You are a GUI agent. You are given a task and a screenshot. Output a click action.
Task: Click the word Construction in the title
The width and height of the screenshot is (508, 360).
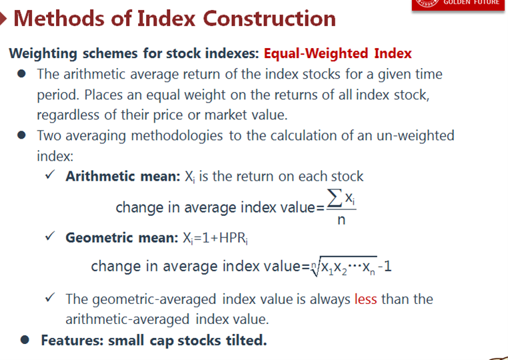tap(269, 18)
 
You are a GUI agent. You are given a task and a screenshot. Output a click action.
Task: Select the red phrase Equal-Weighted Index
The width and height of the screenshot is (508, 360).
tap(337, 53)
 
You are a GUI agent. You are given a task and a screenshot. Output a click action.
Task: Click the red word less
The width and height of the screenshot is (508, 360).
tap(366, 299)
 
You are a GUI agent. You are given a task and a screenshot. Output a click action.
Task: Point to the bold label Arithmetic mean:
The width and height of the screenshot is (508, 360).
tap(123, 176)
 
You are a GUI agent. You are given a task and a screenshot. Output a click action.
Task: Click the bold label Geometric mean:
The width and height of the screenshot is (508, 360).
tap(122, 237)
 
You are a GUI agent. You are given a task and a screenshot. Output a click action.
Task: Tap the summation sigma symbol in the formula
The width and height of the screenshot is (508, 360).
tap(335, 198)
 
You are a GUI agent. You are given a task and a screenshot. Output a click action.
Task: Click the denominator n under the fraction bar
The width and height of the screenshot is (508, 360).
tap(341, 220)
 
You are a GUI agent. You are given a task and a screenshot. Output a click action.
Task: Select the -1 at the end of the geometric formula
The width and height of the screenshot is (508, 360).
tap(385, 267)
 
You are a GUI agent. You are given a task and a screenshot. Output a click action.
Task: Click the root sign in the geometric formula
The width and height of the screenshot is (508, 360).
tap(315, 267)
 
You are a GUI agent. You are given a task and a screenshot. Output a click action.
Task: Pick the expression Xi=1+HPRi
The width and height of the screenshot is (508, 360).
tap(215, 238)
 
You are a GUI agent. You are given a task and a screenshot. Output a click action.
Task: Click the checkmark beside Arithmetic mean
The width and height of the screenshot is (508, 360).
tap(50, 175)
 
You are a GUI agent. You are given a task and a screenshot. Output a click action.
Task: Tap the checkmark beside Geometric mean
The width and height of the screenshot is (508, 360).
tap(50, 236)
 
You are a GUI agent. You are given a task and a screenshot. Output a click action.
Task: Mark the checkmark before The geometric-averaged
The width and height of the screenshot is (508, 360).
tap(50, 297)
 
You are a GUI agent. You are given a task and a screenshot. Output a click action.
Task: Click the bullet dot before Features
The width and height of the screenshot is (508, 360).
tap(25, 340)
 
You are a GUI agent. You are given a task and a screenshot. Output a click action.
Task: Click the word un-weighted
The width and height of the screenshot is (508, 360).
tap(415, 135)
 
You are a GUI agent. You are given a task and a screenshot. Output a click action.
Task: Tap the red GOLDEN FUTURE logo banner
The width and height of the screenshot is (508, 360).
tap(458, 5)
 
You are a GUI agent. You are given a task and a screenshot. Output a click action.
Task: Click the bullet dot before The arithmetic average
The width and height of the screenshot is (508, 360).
tap(22, 73)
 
